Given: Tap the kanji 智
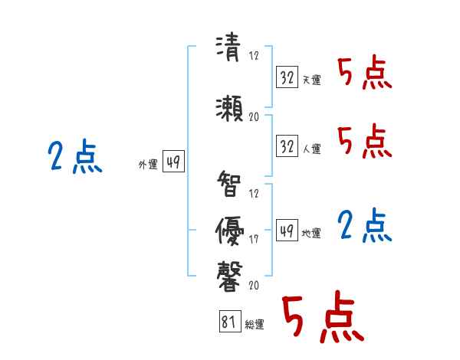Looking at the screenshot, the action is coord(229,185).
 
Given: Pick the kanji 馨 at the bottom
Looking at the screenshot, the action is coord(229,274).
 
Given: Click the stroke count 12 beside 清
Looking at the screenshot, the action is coord(254,56).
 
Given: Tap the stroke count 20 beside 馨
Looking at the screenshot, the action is coord(254,285).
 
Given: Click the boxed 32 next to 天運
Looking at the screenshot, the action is coord(287,77).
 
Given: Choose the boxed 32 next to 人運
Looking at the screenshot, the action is coord(287,146).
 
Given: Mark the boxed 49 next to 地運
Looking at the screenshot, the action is coord(287,230).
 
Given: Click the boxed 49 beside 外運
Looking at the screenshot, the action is coord(173,162).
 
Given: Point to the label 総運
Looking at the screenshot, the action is coord(255,325).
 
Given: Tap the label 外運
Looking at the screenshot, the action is coord(147,164).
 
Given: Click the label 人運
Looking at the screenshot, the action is coord(311,149).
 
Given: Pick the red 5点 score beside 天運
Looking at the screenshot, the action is coord(364,74).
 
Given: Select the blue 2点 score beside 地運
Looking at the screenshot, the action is coord(364,226).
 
